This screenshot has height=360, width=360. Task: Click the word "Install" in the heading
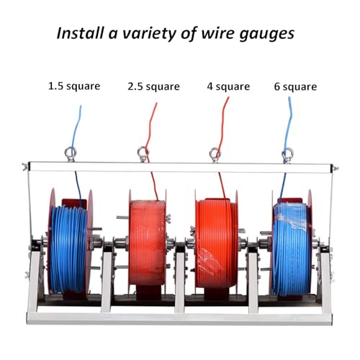pos(81,33)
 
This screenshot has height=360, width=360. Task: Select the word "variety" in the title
pos(150,35)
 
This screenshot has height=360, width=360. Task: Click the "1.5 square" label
pos(74,86)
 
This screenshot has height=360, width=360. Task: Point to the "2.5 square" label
pos(153,86)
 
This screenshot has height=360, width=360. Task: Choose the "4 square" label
pos(228,86)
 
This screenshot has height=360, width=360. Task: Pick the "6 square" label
pos(295,87)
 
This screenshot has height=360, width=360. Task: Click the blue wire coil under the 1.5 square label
pos(68,250)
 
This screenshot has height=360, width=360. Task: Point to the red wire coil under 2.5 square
pos(147,243)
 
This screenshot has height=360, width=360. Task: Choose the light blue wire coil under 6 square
pos(291,249)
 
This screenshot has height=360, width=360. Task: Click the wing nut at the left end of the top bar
pos(24,166)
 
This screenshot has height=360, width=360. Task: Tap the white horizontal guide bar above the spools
pos(181,167)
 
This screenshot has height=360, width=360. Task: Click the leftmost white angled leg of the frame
pos(34,282)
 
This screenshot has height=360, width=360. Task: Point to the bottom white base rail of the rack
pos(179,319)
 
